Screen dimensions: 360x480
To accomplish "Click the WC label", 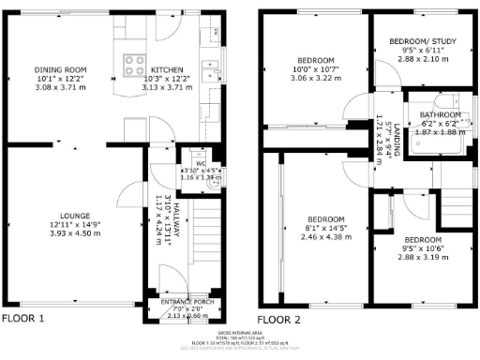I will [200, 161].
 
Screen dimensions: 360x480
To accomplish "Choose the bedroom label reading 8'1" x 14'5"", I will [320, 227].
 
